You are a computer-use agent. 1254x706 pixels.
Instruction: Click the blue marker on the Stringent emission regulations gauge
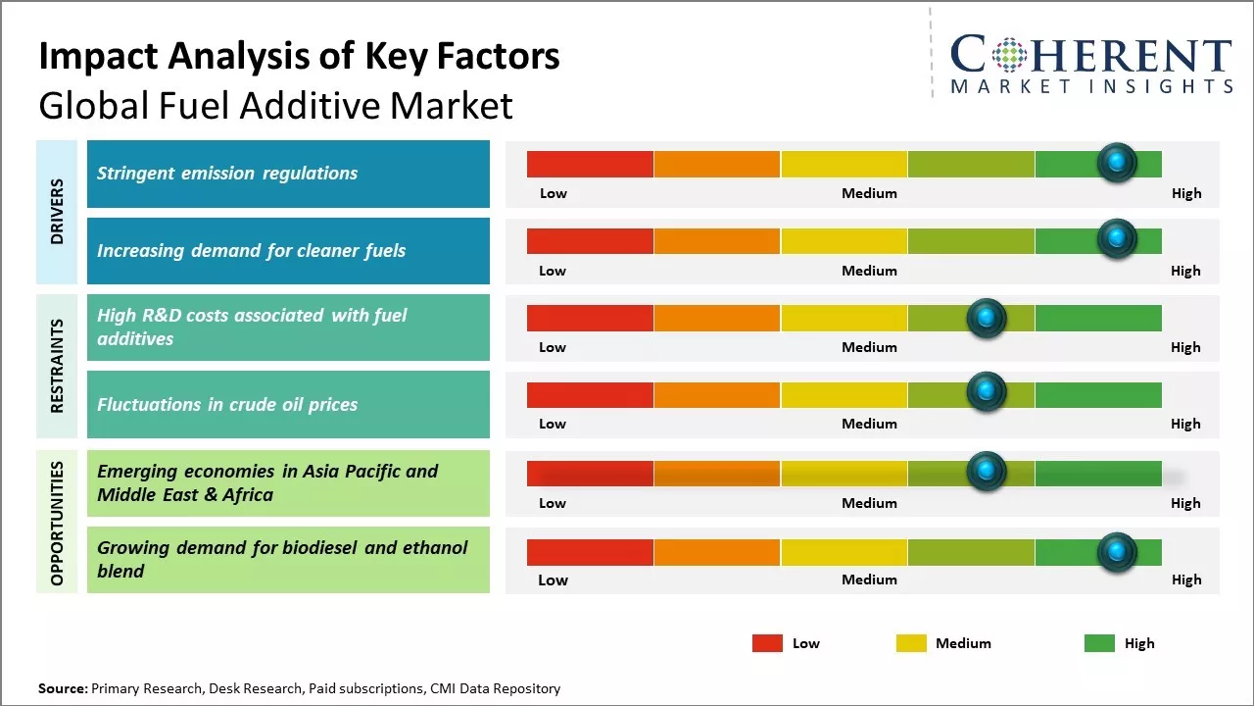(x=1117, y=163)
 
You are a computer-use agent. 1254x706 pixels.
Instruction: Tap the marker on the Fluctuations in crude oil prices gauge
(x=987, y=392)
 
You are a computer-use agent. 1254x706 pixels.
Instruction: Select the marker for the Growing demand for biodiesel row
(x=1117, y=552)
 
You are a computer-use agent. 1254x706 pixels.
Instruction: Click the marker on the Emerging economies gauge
(x=987, y=472)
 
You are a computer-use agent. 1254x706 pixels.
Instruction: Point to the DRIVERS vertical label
(x=57, y=211)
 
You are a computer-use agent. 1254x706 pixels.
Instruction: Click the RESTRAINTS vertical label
(x=57, y=365)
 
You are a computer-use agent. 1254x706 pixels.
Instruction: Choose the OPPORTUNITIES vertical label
(x=57, y=523)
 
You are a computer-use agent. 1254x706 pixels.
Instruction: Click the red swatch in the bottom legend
(x=767, y=643)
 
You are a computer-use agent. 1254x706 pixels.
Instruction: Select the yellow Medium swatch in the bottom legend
(x=911, y=643)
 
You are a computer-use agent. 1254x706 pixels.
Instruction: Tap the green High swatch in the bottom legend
(x=1099, y=643)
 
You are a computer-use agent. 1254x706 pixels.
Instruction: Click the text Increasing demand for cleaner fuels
(x=251, y=251)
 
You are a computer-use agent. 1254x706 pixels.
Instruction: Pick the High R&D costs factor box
(x=288, y=328)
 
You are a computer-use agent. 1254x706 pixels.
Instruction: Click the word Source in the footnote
(x=62, y=688)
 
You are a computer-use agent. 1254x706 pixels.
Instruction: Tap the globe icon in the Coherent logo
(x=1007, y=55)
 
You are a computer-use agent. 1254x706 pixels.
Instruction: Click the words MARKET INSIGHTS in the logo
(x=1091, y=87)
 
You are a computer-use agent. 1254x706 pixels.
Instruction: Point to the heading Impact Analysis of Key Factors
(x=299, y=57)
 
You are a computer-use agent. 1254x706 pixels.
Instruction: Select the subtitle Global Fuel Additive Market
(x=275, y=105)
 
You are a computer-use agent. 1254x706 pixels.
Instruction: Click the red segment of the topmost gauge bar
(x=590, y=164)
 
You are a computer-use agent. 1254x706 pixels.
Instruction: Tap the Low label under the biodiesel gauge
(x=553, y=580)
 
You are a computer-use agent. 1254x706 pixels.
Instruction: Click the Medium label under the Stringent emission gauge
(x=869, y=193)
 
